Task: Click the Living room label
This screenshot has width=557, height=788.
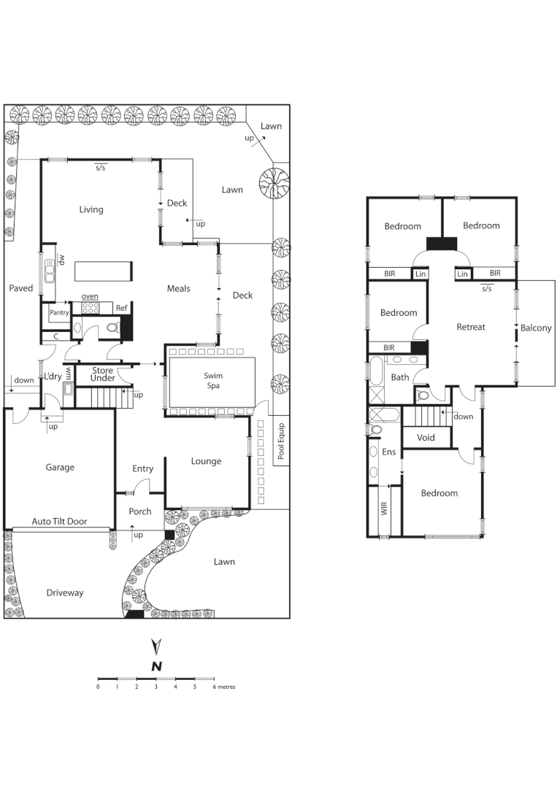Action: (x=91, y=209)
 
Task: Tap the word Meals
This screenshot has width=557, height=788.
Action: (x=178, y=288)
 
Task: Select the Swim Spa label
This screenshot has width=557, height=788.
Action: (x=213, y=379)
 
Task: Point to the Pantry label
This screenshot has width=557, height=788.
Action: (x=59, y=312)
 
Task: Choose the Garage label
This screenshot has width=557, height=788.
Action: (x=60, y=468)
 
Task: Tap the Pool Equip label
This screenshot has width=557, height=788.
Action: (x=281, y=441)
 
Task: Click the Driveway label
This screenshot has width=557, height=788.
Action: (x=65, y=592)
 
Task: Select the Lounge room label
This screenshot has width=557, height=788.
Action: (x=206, y=461)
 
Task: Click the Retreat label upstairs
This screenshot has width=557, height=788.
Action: (x=471, y=327)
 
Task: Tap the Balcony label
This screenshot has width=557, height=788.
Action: (x=537, y=328)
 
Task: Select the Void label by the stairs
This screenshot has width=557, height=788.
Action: (x=426, y=438)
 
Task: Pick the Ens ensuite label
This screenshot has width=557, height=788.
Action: (x=388, y=452)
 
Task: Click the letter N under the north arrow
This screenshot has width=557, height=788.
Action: (x=155, y=665)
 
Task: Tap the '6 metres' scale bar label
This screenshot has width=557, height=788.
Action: (x=224, y=687)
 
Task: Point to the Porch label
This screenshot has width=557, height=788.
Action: (x=140, y=511)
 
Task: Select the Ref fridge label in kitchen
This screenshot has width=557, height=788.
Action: (x=121, y=309)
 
